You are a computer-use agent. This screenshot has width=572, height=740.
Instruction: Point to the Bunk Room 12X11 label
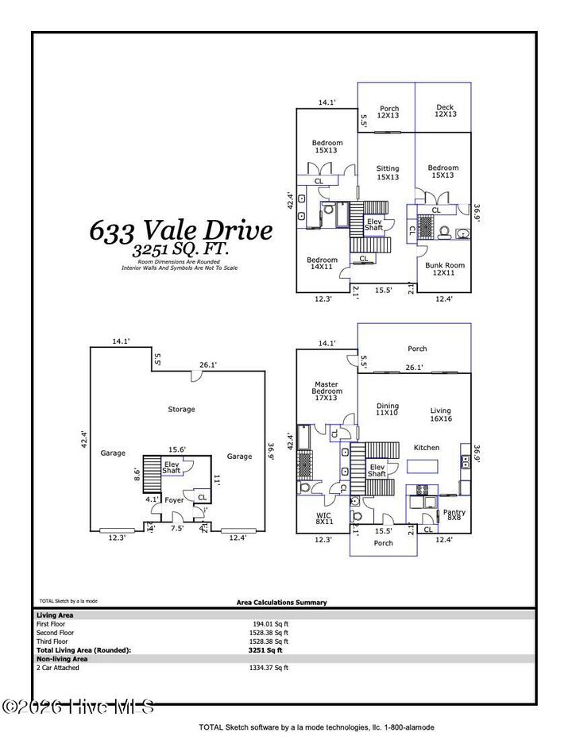coord(445,269)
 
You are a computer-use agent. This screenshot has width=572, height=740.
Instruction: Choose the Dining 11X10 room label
coord(387,410)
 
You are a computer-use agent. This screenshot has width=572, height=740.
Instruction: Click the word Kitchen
coord(427,448)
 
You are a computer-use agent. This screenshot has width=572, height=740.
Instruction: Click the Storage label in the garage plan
coord(181,410)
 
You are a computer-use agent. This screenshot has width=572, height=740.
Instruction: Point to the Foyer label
coord(174,500)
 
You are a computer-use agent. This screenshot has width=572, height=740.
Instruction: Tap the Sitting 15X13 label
coord(388,172)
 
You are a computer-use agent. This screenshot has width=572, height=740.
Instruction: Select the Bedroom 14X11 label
coord(322,264)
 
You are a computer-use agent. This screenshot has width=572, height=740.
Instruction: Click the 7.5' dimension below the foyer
coord(178,528)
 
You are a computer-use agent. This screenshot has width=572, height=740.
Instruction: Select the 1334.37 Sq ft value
coord(269,668)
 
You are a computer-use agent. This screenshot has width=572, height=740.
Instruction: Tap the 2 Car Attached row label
coord(58,668)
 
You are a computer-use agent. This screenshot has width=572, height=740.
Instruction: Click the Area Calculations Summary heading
coord(281,603)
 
